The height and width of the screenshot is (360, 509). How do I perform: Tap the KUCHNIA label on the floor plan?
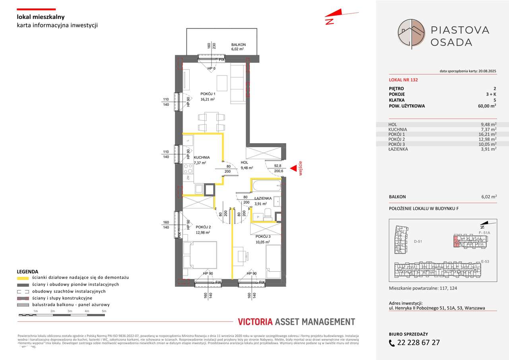point(202,158)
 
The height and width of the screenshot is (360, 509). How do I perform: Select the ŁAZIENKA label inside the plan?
point(263,198)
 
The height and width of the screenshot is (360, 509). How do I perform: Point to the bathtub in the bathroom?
point(266,186)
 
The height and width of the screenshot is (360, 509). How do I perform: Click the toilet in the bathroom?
point(268,214)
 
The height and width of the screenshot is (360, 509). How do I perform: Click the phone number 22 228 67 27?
point(420,342)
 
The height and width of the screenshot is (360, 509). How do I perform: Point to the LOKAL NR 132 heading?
point(403,80)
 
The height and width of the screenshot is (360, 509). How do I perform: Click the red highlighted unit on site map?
point(456,241)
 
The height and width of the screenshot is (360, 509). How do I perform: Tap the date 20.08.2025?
point(485,71)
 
